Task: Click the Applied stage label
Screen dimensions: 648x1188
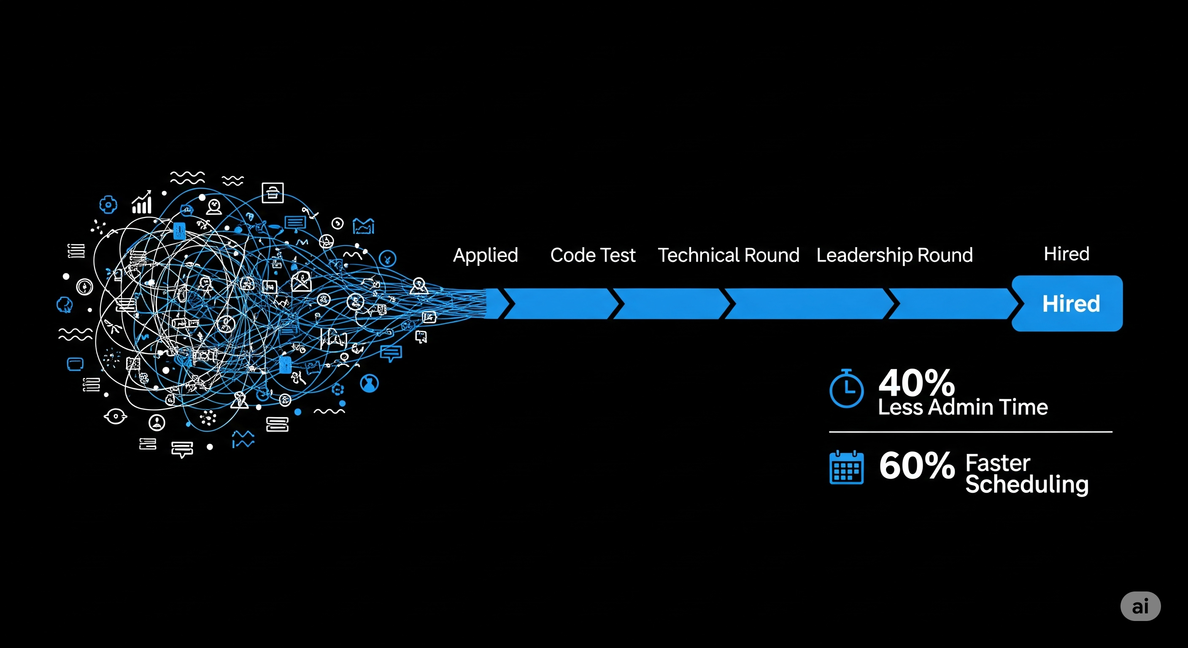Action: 485,255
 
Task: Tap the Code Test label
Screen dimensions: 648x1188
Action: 593,255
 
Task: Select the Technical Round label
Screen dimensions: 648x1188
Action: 728,255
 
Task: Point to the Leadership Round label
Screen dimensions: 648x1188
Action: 894,255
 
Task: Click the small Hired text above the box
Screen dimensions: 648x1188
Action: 1066,254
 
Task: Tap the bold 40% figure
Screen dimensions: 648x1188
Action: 916,382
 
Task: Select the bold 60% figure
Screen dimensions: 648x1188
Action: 916,465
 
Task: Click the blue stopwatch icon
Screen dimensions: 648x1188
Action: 846,389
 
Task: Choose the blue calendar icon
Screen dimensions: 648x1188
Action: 846,468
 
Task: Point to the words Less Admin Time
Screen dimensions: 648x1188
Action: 962,407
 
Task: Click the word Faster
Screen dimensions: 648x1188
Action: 998,463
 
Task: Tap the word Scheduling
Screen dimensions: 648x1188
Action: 1026,484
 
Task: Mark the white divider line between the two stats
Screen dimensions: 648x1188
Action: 970,432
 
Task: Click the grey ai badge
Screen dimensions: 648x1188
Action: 1140,606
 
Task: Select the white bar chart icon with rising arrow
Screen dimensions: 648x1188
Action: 142,202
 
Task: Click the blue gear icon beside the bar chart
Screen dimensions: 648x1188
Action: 108,204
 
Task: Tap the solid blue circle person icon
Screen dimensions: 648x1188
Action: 369,383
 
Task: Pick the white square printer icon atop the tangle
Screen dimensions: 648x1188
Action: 273,193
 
